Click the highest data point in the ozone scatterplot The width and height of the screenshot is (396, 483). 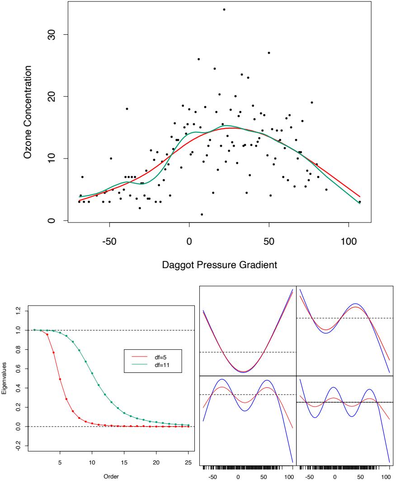(224, 9)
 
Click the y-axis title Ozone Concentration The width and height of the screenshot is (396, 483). (28, 111)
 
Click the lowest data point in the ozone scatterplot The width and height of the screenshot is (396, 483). (202, 214)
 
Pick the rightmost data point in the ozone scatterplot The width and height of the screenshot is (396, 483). (360, 202)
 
